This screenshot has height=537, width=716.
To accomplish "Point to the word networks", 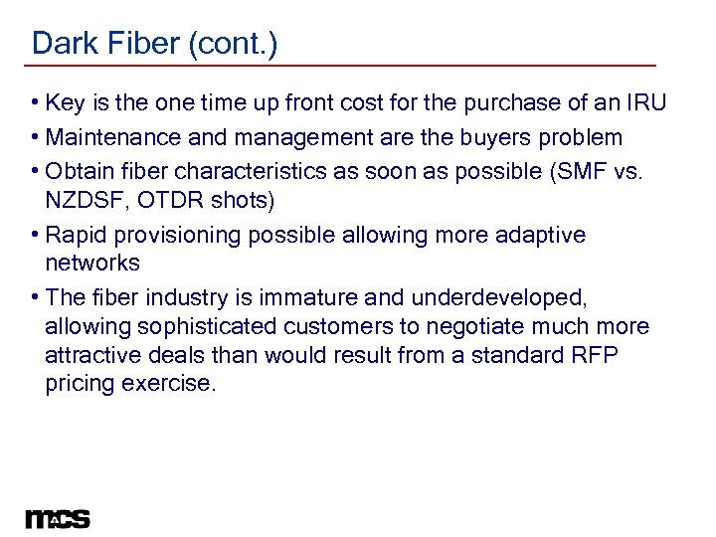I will tap(92, 264).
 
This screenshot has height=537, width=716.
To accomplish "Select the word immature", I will tap(292, 296).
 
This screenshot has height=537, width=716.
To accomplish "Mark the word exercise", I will tap(168, 384).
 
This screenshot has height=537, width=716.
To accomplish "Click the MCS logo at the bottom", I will tap(58, 518).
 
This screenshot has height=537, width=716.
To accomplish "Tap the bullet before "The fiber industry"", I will tap(35, 297).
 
